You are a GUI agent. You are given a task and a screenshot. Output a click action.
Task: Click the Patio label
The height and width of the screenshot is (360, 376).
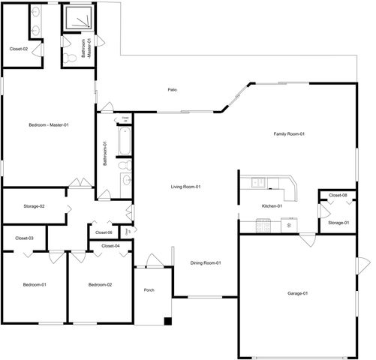coord(172,90)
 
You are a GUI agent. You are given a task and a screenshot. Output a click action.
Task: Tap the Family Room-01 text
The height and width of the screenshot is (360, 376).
coord(288,133)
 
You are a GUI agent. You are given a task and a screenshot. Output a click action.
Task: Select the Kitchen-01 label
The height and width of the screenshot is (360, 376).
coord(271,205)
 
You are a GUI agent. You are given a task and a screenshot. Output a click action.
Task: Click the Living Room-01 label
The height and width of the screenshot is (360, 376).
coord(185,187)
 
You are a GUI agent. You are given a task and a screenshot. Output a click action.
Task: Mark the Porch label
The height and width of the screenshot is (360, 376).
coord(149,289)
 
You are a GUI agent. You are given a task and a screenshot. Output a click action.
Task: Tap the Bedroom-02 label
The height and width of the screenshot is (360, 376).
coord(100,285)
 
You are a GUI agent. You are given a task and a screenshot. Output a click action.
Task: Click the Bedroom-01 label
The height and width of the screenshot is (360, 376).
coord(35,285)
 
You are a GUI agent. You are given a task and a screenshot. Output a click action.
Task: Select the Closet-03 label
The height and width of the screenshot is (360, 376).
coord(24,238)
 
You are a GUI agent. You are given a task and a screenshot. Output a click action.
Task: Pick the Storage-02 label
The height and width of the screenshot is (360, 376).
coord(34,206)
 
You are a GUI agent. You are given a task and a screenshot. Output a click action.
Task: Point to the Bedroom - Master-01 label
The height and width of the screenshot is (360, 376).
coord(49,124)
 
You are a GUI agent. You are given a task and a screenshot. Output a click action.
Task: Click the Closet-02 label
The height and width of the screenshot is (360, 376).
coord(19,49)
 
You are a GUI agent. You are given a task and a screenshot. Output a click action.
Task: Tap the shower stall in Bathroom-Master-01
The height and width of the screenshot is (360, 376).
coord(76,19)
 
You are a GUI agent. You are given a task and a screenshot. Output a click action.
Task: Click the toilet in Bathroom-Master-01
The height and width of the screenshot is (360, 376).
coord(70,57)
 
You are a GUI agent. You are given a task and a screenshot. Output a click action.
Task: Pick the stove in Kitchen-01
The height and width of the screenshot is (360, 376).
coord(263,224)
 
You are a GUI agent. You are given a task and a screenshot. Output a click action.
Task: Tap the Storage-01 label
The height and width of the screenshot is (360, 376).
coord(338,223)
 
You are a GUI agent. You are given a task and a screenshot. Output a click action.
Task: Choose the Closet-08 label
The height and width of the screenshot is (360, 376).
coord(338,196)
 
